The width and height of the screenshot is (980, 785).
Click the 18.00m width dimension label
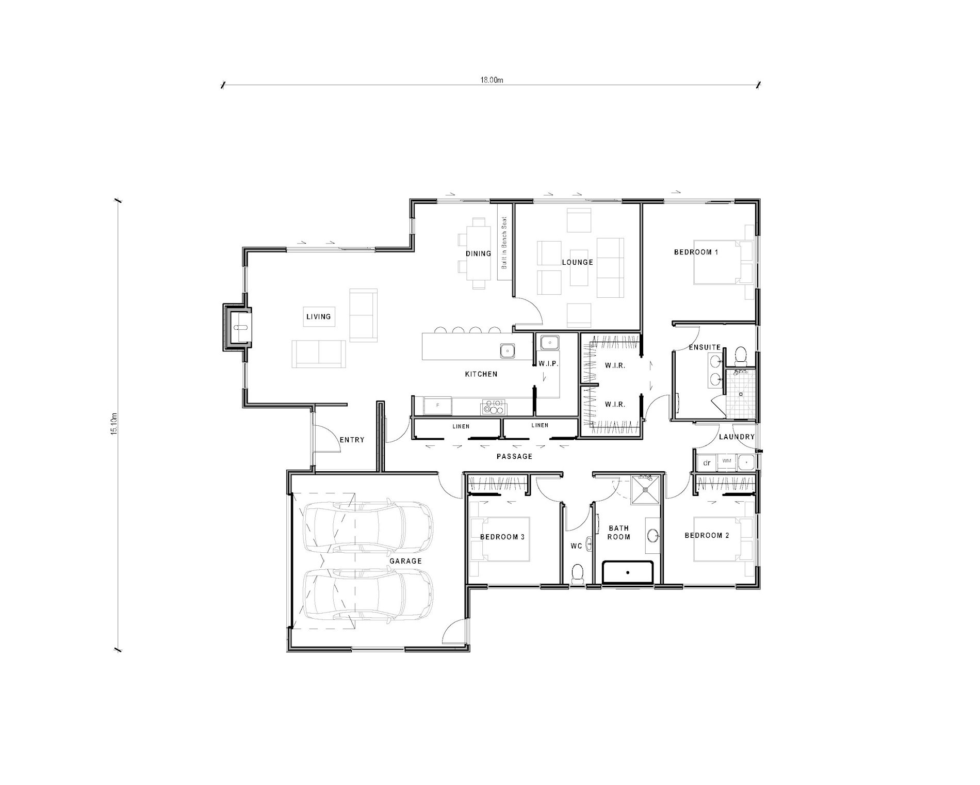(x=492, y=80)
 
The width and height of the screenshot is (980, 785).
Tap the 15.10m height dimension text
(x=115, y=424)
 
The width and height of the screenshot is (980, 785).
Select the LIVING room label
(x=318, y=316)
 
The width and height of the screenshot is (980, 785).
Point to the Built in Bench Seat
(x=504, y=243)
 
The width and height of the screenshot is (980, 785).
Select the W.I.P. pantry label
(x=548, y=364)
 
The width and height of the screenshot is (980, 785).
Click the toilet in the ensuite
(x=741, y=355)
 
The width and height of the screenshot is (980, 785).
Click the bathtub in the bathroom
(x=628, y=572)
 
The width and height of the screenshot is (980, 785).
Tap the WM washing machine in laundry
(x=727, y=461)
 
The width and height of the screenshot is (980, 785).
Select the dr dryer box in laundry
(x=707, y=463)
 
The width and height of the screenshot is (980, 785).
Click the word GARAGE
(x=405, y=561)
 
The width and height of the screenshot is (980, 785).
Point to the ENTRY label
(x=352, y=440)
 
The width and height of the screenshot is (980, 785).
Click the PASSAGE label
(x=514, y=456)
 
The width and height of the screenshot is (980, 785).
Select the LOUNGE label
(x=577, y=262)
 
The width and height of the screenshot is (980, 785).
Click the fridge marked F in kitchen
(x=437, y=405)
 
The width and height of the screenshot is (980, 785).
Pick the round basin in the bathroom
(x=653, y=536)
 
